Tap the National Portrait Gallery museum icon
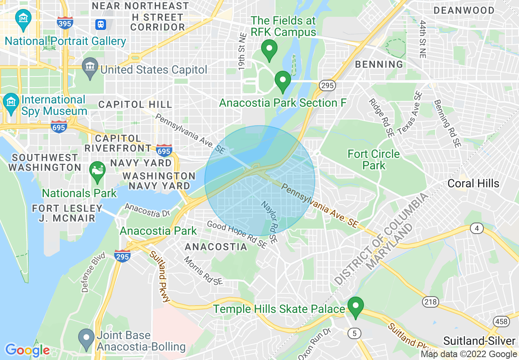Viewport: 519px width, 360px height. pyautogui.click(x=23, y=19)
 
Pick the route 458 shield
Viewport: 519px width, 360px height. pyautogui.click(x=501, y=322)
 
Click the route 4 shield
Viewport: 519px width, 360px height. pyautogui.click(x=476, y=229)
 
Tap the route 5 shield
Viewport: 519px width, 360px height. pyautogui.click(x=354, y=333)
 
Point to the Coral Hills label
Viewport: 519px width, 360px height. pyautogui.click(x=473, y=183)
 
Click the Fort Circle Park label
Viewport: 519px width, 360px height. pyautogui.click(x=373, y=160)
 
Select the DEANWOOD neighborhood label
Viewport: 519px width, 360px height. pyautogui.click(x=464, y=11)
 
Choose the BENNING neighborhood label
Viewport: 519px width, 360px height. pyautogui.click(x=379, y=64)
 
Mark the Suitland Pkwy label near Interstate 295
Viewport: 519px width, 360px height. pyautogui.click(x=160, y=277)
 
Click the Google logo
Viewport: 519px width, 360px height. pyautogui.click(x=27, y=350)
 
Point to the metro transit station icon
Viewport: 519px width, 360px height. pyautogui.click(x=101, y=24)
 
